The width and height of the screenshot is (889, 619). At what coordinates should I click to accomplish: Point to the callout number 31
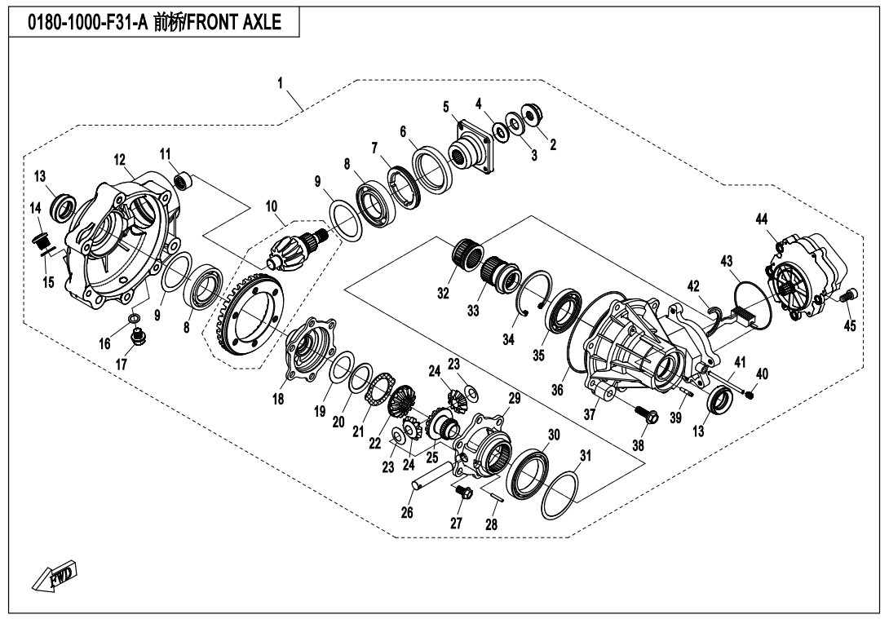click(x=586, y=453)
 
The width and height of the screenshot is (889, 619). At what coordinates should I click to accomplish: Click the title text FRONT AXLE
click(x=236, y=23)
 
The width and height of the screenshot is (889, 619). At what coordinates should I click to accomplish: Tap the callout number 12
click(x=119, y=159)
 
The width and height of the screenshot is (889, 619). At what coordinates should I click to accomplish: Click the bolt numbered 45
click(x=846, y=299)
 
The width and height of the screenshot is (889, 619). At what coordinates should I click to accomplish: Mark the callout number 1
click(x=281, y=83)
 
